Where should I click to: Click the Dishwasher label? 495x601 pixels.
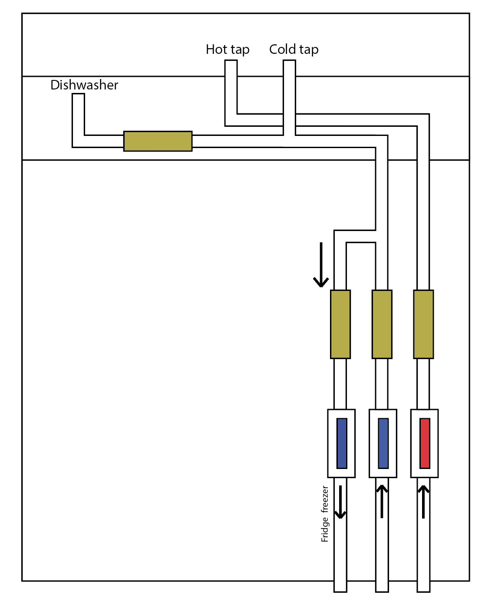[x=84, y=85]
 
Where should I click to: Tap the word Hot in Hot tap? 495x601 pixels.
[x=216, y=49]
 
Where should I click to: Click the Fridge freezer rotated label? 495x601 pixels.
[x=325, y=514]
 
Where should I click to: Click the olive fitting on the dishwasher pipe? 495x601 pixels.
[x=158, y=141]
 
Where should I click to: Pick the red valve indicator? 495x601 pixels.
[x=425, y=443]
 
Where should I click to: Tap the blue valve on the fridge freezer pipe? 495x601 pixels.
[x=342, y=443]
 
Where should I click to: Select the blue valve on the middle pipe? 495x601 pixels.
[x=383, y=443]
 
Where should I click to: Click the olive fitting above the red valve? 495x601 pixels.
[x=423, y=324]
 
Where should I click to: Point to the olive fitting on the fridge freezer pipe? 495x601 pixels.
[x=340, y=324]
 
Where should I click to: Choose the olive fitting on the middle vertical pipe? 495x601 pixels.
[x=382, y=324]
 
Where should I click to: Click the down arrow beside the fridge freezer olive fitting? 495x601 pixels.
[x=321, y=265]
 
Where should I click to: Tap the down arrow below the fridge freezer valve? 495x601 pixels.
[x=340, y=502]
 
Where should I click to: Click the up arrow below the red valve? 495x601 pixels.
[x=423, y=502]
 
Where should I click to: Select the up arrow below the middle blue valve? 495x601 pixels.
[x=382, y=502]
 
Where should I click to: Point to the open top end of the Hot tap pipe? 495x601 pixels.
[x=231, y=60]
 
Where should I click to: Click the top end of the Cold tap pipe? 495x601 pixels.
[x=289, y=60]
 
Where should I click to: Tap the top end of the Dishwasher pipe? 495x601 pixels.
[x=78, y=94]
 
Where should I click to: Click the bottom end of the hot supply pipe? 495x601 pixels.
[x=423, y=592]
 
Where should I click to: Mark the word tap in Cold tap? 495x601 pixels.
[x=309, y=50]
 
